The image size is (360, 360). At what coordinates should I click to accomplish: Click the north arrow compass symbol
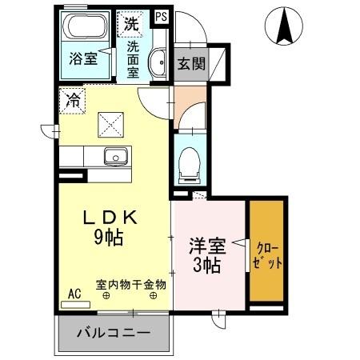(x=285, y=26)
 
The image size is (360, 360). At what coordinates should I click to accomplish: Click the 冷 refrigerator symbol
(x=73, y=101)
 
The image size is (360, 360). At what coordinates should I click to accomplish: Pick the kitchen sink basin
(x=116, y=156)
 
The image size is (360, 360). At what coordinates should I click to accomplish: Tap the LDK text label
(x=113, y=217)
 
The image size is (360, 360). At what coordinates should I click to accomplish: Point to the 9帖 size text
(x=108, y=237)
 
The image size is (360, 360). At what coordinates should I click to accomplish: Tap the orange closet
(x=266, y=252)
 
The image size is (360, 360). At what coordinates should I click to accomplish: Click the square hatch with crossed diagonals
(x=110, y=125)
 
